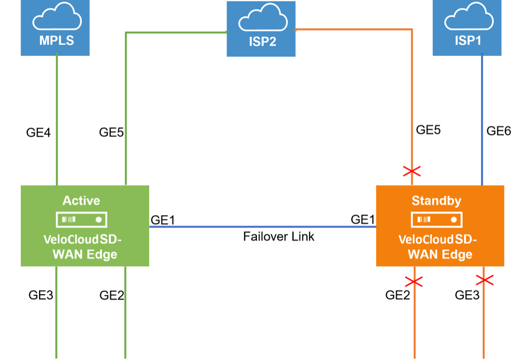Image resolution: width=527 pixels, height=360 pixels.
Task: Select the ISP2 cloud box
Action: (x=261, y=29)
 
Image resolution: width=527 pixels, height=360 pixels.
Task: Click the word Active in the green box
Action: (x=81, y=200)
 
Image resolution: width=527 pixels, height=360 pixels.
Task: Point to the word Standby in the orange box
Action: (x=436, y=201)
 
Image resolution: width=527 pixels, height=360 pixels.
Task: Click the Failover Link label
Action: (x=279, y=237)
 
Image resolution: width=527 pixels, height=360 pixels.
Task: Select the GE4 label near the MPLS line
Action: (x=39, y=133)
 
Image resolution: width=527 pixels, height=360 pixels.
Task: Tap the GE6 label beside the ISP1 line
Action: (x=499, y=131)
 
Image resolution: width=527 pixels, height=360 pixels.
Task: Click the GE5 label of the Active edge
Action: (x=111, y=133)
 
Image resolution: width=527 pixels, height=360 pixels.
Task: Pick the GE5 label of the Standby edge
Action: (x=428, y=130)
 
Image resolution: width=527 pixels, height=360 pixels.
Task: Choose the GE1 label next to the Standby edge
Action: (x=363, y=220)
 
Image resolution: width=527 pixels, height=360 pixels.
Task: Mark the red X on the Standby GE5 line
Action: (x=412, y=171)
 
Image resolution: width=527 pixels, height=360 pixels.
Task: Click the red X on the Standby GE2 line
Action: (x=414, y=281)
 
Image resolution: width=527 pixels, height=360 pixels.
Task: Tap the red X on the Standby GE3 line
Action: (x=484, y=280)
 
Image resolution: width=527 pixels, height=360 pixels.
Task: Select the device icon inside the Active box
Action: (x=82, y=219)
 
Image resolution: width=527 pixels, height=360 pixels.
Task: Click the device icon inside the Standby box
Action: (x=436, y=219)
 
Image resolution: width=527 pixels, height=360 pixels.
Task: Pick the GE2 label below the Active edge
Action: (x=112, y=295)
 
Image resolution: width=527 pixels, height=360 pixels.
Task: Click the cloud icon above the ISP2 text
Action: (x=261, y=21)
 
